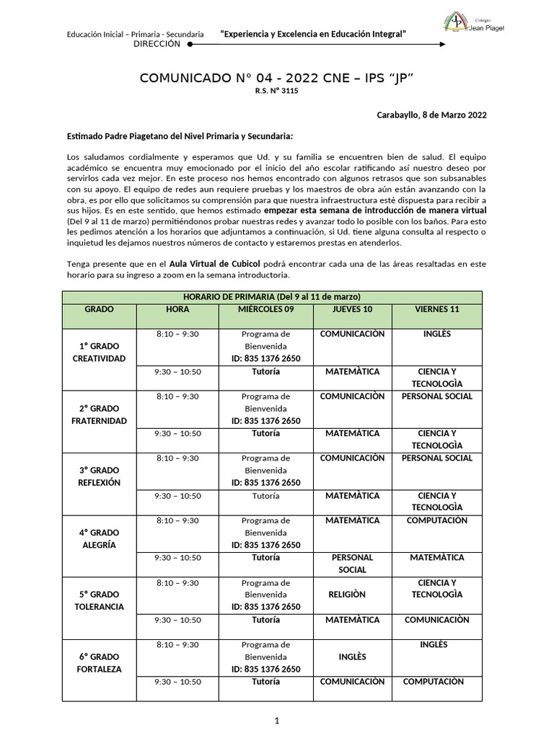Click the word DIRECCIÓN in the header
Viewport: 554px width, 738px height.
157,44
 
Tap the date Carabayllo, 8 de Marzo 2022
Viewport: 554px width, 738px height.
431,115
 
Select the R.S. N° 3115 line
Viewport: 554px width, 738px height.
276,92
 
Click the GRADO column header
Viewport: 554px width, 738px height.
99,309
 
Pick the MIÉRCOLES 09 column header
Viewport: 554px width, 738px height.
265,309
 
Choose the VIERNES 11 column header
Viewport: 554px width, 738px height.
436,309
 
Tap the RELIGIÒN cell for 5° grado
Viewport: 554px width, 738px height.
347,595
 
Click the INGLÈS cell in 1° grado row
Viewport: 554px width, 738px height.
436,334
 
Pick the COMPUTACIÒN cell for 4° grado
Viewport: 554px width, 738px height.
436,520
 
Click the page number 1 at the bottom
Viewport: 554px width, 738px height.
277,720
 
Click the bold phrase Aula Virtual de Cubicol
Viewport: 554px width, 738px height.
215,264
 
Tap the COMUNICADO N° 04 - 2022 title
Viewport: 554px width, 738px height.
276,77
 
